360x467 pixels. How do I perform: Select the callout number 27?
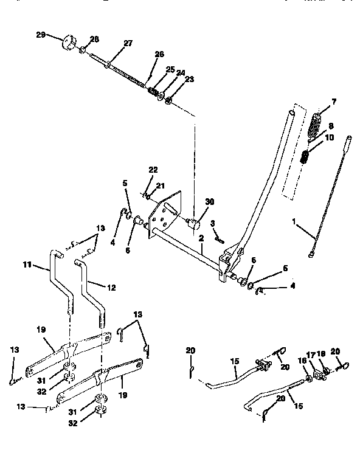(128, 43)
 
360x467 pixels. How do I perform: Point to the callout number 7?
(334, 100)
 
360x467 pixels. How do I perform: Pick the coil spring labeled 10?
(306, 159)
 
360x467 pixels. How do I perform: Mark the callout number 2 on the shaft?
(201, 239)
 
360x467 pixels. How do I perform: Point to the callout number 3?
(213, 225)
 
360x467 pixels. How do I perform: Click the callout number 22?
(153, 169)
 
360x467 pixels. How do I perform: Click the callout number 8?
(331, 127)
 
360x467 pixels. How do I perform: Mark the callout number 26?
(159, 54)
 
